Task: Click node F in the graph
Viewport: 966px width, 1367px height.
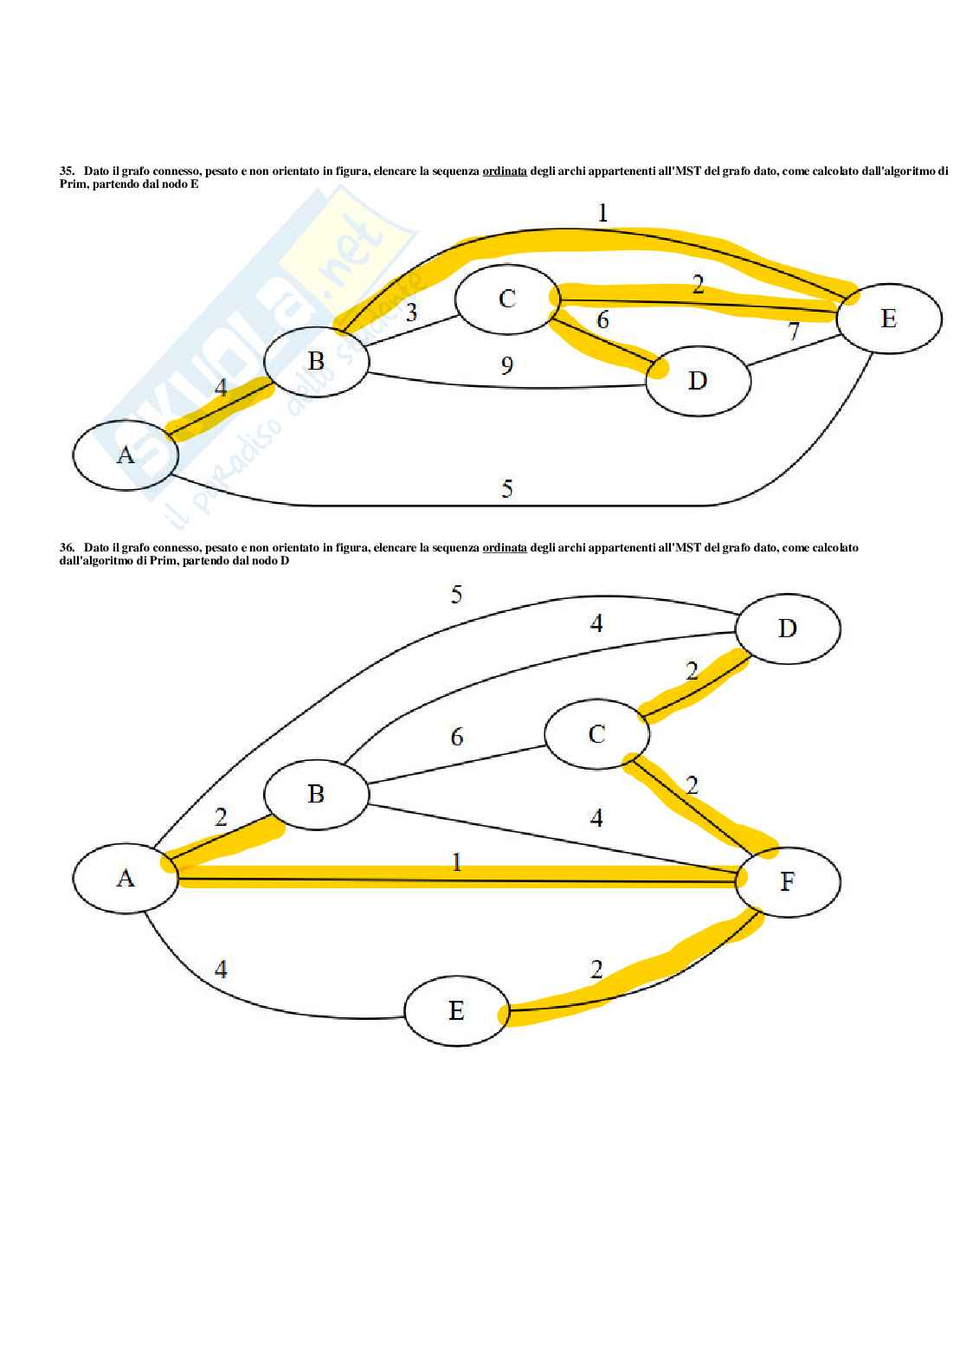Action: (x=787, y=881)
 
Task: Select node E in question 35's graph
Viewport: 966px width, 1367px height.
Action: (x=888, y=319)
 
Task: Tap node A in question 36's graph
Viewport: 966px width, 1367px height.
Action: (x=126, y=879)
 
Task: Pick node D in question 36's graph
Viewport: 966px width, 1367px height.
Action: (x=787, y=628)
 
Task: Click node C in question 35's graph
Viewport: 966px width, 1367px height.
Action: (x=507, y=299)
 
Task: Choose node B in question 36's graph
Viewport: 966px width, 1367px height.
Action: (x=316, y=794)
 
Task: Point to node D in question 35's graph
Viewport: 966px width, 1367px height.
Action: (x=698, y=380)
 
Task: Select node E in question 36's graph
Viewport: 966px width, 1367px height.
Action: (x=457, y=1010)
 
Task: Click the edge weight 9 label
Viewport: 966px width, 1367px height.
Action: (x=507, y=365)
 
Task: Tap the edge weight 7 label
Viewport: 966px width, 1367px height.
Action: (x=793, y=331)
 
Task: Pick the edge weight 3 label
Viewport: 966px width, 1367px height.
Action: (x=411, y=313)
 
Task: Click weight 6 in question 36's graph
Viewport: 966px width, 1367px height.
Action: (x=457, y=737)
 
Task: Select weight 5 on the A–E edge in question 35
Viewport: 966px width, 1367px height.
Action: (x=507, y=489)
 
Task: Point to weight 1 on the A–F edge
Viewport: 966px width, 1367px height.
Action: (x=457, y=862)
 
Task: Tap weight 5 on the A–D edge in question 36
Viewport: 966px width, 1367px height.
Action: (x=457, y=595)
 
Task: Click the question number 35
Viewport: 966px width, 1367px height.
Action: (x=66, y=171)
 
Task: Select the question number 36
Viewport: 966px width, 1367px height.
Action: (x=66, y=548)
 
